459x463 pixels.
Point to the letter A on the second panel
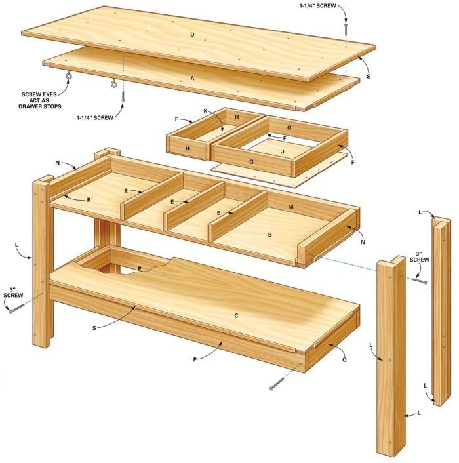click(x=193, y=77)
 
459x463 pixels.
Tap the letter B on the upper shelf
click(x=269, y=233)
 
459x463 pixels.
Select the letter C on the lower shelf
click(x=236, y=315)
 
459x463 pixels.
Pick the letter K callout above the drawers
click(x=205, y=111)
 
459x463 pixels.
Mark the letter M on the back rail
click(x=290, y=207)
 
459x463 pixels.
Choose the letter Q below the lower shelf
click(x=345, y=359)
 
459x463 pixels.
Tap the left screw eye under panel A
click(x=68, y=79)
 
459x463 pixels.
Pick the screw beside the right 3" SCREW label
click(x=420, y=281)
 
